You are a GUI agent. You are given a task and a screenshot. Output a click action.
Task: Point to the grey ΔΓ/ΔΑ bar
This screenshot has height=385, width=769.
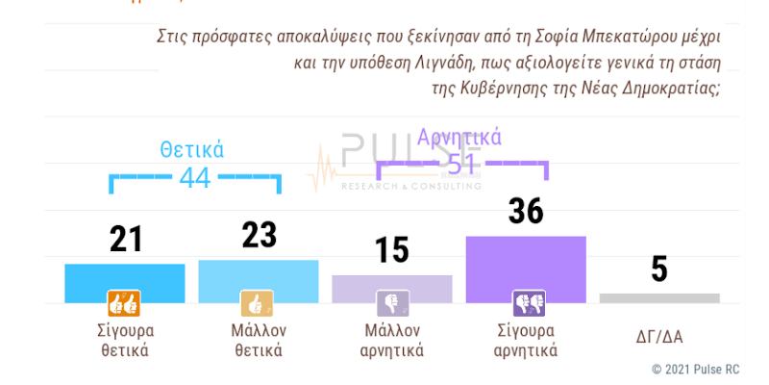pyautogui.click(x=659, y=298)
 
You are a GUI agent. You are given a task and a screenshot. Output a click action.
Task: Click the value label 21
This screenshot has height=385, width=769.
pyautogui.click(x=125, y=239)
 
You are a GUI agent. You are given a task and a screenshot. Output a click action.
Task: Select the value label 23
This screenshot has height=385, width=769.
pyautogui.click(x=259, y=235)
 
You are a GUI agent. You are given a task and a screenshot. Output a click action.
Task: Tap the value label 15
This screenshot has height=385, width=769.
pyautogui.click(x=391, y=250)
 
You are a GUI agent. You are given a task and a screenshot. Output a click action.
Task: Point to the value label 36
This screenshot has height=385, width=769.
pyautogui.click(x=526, y=211)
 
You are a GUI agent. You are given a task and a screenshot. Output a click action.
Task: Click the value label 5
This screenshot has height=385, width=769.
pyautogui.click(x=659, y=269)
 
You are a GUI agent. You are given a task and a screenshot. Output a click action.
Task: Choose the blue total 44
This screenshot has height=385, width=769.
pyautogui.click(x=195, y=178)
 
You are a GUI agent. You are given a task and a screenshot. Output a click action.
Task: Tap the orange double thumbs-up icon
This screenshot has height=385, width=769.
pyautogui.click(x=125, y=303)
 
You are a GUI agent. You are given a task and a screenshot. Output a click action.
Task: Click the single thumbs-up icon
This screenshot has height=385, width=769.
pyautogui.click(x=258, y=303)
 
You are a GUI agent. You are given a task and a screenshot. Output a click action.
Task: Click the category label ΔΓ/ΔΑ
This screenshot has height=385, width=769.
pyautogui.click(x=658, y=336)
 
